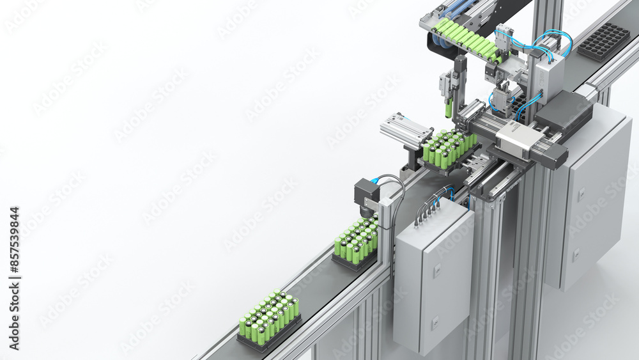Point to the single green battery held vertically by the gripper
click(449, 108)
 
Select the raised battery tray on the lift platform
click(449, 150)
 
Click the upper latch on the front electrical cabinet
click(436, 271)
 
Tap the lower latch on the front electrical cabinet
click(435, 323)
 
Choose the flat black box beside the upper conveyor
click(564, 110)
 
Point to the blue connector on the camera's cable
click(375, 181)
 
